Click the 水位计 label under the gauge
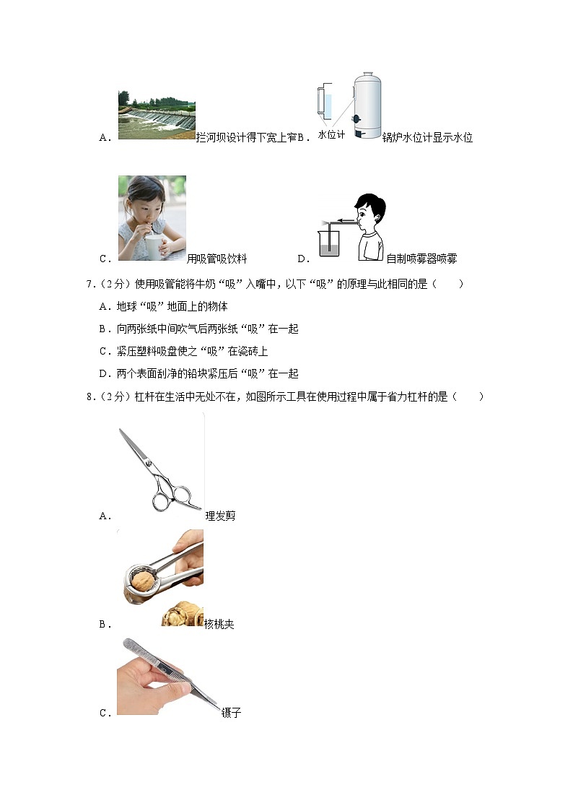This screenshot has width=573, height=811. click(332, 134)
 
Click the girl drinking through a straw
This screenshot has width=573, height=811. click(152, 217)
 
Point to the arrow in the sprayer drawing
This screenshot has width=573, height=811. click(344, 222)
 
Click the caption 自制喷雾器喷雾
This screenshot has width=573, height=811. click(421, 259)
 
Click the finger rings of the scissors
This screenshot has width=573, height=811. click(173, 497)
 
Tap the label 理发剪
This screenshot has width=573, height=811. click(220, 516)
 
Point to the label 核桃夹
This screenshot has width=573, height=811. click(219, 624)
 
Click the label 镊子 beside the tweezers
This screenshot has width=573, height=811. click(231, 713)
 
